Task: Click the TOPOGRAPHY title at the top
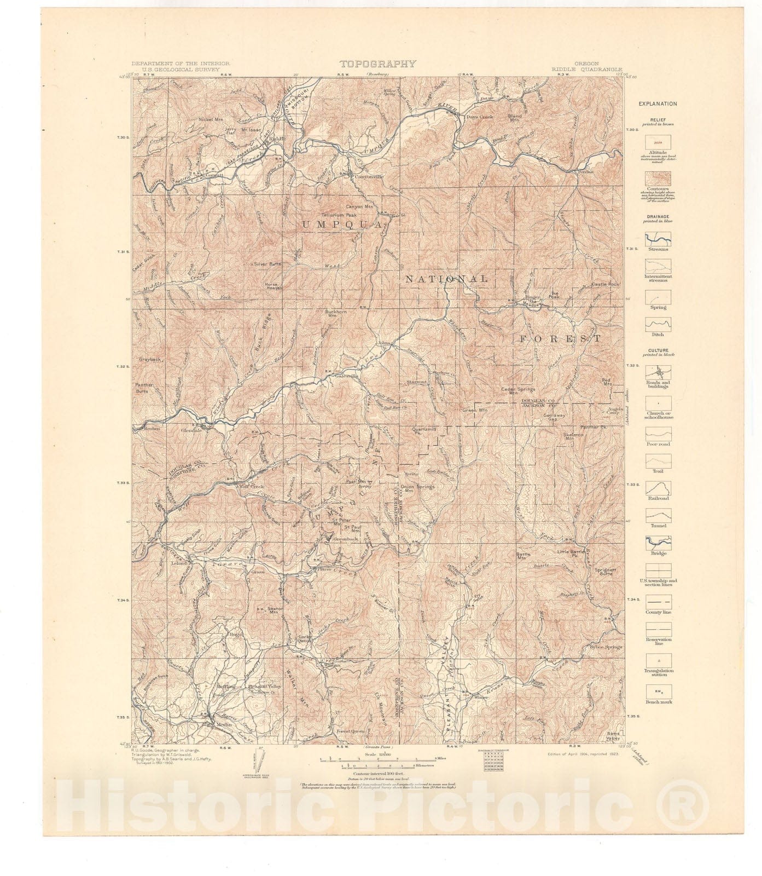coord(377,64)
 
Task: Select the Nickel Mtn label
coord(213,119)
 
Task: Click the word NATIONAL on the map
coord(446,279)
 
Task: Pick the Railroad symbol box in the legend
coord(658,488)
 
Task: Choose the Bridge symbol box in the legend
coord(658,543)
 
